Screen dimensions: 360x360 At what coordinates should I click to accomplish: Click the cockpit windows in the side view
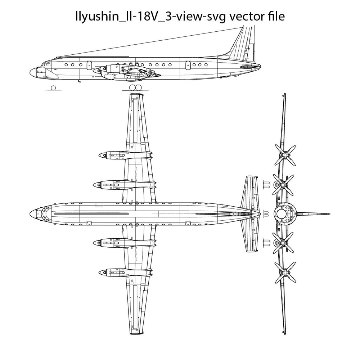[x=45, y=64]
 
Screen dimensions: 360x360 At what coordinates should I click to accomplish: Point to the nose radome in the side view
[x=33, y=72]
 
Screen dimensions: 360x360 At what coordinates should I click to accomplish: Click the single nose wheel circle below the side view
[x=54, y=88]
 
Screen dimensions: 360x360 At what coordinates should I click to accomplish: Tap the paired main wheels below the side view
[x=135, y=88]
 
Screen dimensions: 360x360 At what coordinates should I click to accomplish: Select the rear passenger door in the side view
[x=188, y=65]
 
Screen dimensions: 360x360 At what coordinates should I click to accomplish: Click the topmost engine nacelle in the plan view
[x=122, y=155]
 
